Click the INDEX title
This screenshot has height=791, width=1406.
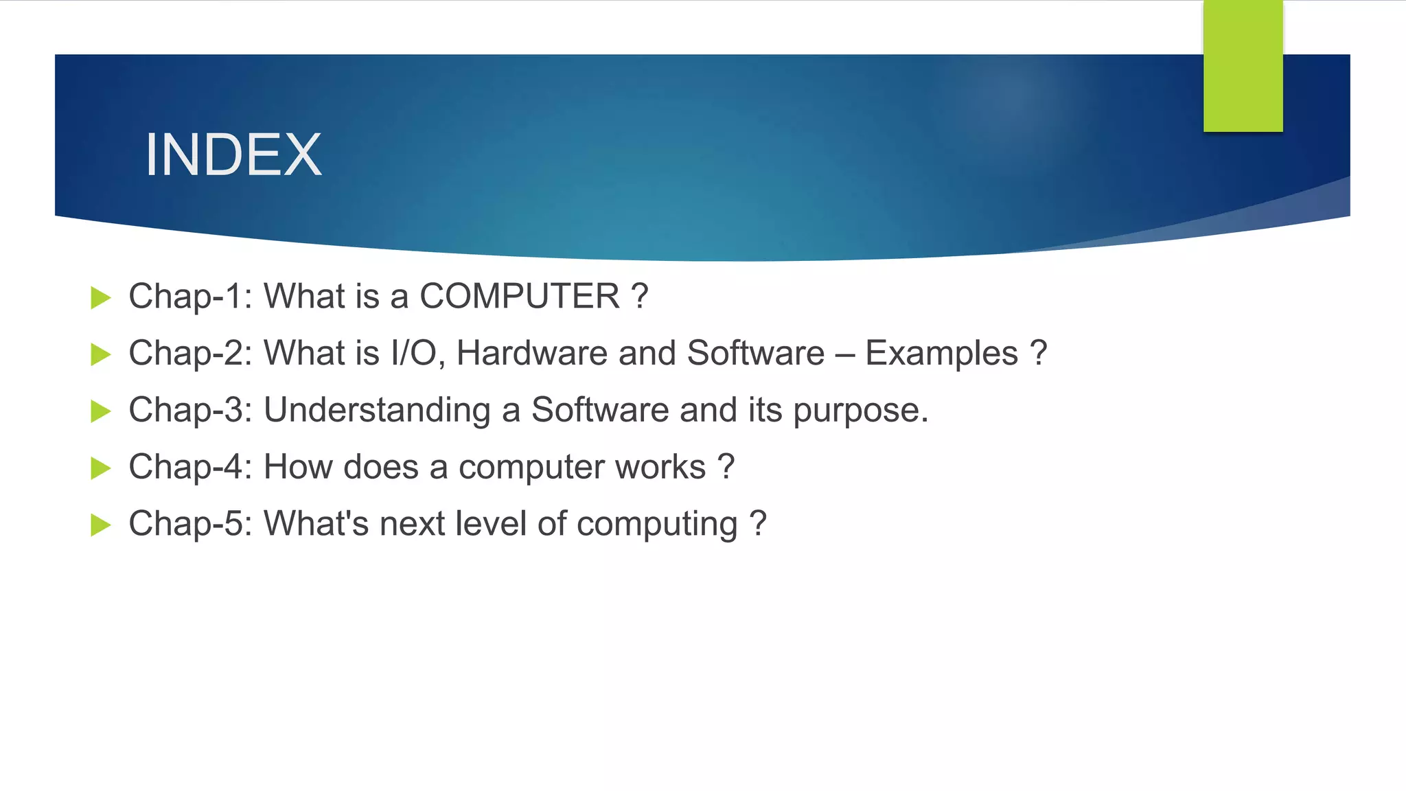tap(233, 155)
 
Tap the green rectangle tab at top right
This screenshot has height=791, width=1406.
tap(1243, 65)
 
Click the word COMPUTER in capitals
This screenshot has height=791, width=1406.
tap(520, 297)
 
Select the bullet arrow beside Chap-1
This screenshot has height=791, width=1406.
tap(101, 298)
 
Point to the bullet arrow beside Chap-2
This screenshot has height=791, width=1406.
tap(101, 355)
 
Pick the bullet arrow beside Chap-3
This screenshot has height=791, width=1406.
tap(101, 412)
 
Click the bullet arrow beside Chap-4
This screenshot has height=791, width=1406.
tap(101, 469)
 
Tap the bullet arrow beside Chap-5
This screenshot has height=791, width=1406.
tap(101, 526)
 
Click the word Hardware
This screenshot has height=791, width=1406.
tap(531, 354)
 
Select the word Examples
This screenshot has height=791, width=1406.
tap(941, 354)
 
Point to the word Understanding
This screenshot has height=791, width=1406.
tap(377, 411)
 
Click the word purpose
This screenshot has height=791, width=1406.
tap(860, 411)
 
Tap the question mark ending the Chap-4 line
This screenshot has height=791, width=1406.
tap(726, 468)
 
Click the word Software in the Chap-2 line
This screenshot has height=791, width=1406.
tap(755, 354)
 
